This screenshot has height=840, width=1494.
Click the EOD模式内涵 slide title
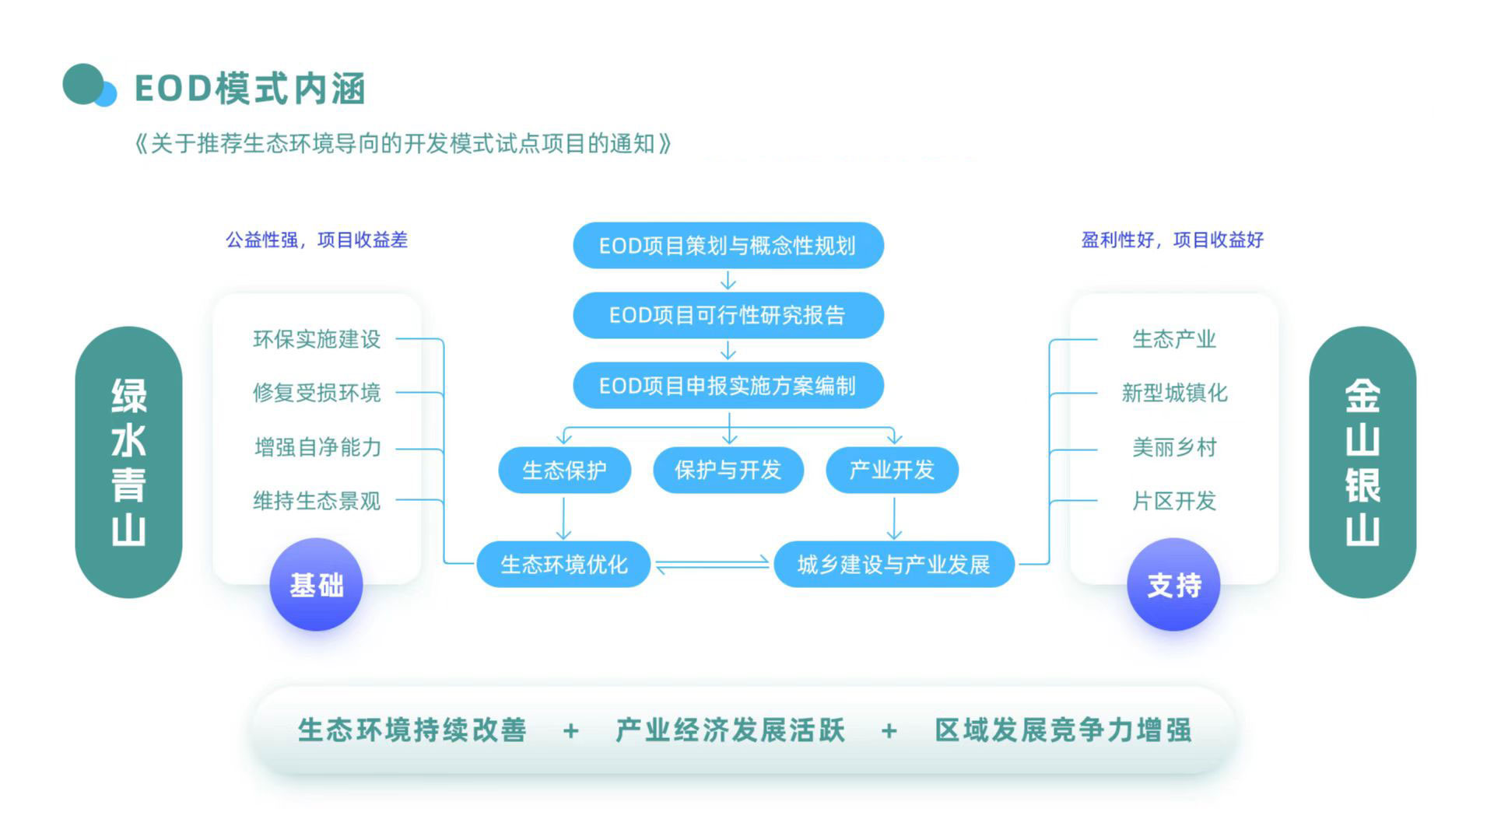point(249,88)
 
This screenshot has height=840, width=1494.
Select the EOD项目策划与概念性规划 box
point(728,246)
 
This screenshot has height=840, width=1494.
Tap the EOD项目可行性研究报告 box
point(728,315)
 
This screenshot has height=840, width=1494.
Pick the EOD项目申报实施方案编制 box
point(728,386)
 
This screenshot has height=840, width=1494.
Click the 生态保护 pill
point(564,470)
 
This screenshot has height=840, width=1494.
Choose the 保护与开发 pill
point(728,470)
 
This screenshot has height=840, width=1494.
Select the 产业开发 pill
point(892,470)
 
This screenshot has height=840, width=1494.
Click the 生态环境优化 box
point(563,564)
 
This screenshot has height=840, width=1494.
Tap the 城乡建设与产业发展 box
point(893,564)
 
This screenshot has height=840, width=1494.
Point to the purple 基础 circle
point(316,585)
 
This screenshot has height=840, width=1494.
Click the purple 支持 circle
point(1173,585)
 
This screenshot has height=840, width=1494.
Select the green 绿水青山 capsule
point(128,462)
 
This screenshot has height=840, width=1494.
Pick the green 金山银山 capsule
point(1362,462)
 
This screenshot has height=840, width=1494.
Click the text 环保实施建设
point(317,339)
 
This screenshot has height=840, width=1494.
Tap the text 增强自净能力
point(317,447)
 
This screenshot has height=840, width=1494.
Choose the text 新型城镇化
point(1174,393)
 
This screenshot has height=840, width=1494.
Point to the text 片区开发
point(1174,501)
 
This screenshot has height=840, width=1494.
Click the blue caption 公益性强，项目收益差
point(317,240)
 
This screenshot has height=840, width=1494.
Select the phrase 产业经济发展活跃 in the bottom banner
point(730,730)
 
